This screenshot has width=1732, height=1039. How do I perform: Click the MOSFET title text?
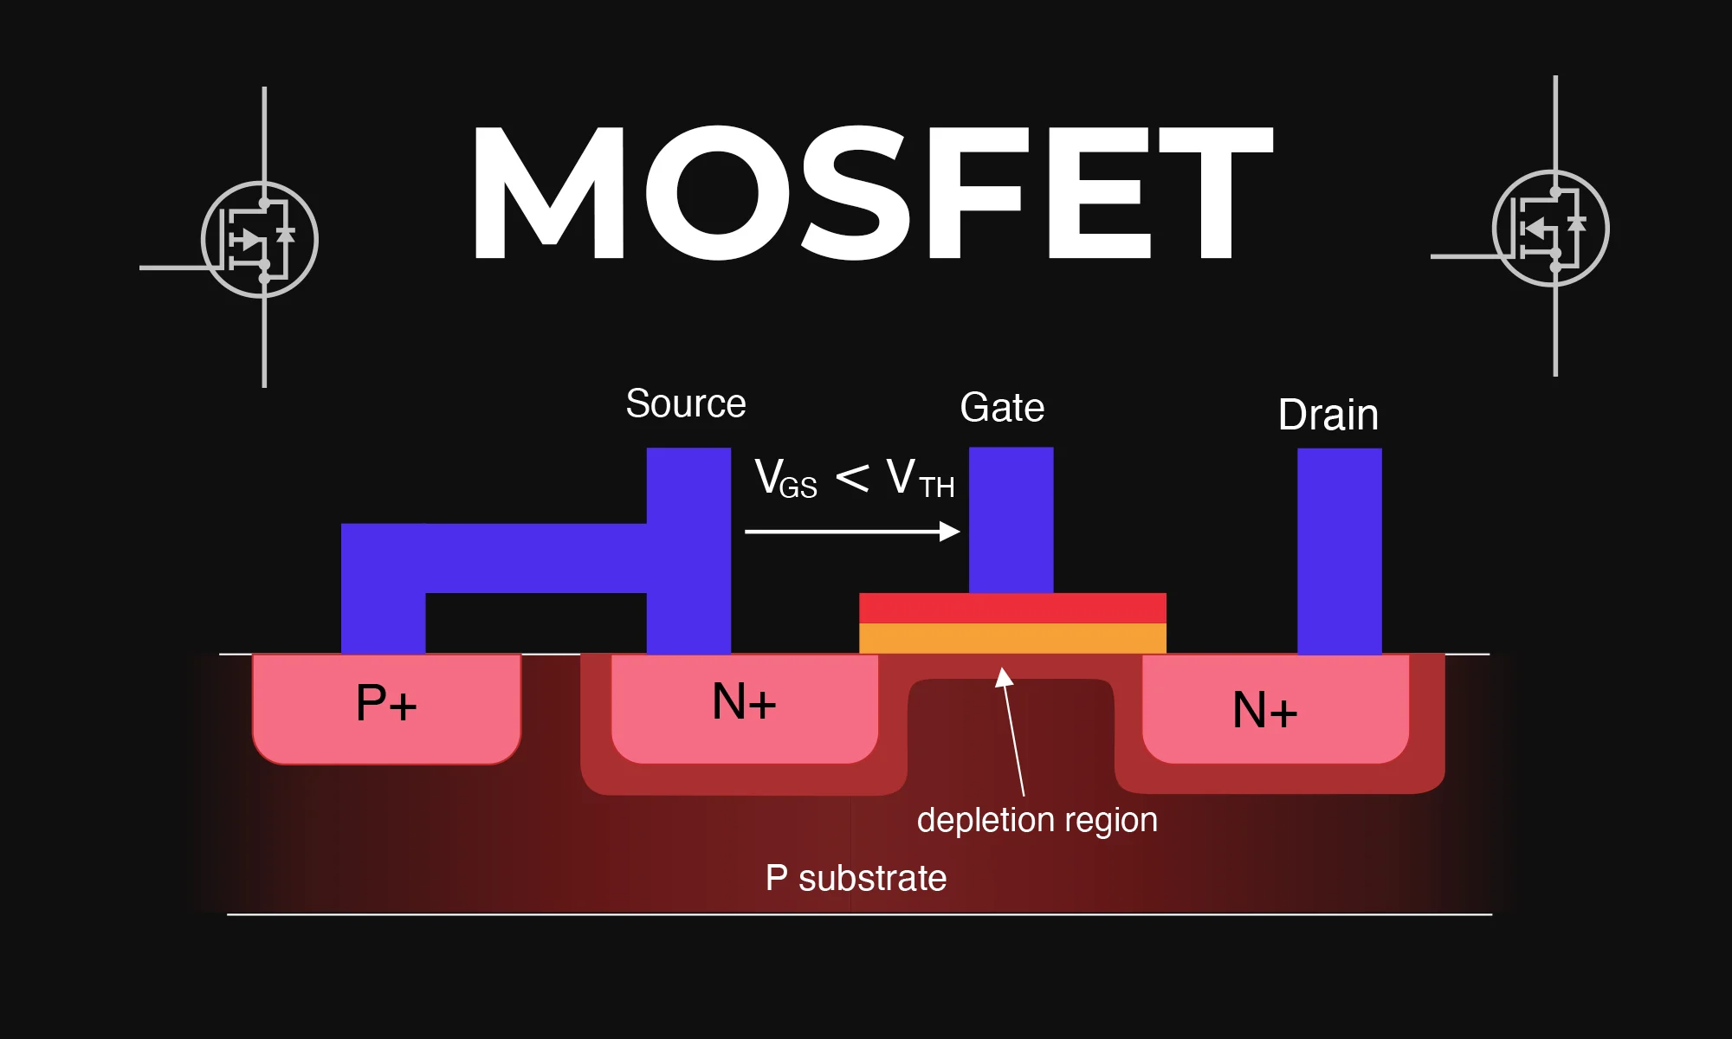870,192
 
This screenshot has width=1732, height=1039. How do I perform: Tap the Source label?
686,404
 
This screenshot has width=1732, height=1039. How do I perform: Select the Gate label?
1002,408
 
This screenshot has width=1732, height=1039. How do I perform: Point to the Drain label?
1328,415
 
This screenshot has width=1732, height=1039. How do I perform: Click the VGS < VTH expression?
854,479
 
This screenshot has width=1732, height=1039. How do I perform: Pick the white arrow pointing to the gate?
852,532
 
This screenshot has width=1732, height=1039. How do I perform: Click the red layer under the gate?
1012,608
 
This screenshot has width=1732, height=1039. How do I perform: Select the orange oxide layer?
1012,638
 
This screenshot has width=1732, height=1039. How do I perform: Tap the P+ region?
386,706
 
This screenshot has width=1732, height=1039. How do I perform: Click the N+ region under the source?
744,706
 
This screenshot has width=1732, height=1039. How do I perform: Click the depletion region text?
1037,820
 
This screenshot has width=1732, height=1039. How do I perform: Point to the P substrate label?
856,879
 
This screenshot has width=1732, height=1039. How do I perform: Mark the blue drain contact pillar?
1339,551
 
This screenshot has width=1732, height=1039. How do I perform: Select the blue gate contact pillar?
1011,519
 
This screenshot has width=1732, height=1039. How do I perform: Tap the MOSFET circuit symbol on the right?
1551,229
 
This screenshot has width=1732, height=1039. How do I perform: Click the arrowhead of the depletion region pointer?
1003,676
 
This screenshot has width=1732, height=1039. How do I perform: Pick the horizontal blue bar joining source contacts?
537,558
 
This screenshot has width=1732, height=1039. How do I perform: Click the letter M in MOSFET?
548,192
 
